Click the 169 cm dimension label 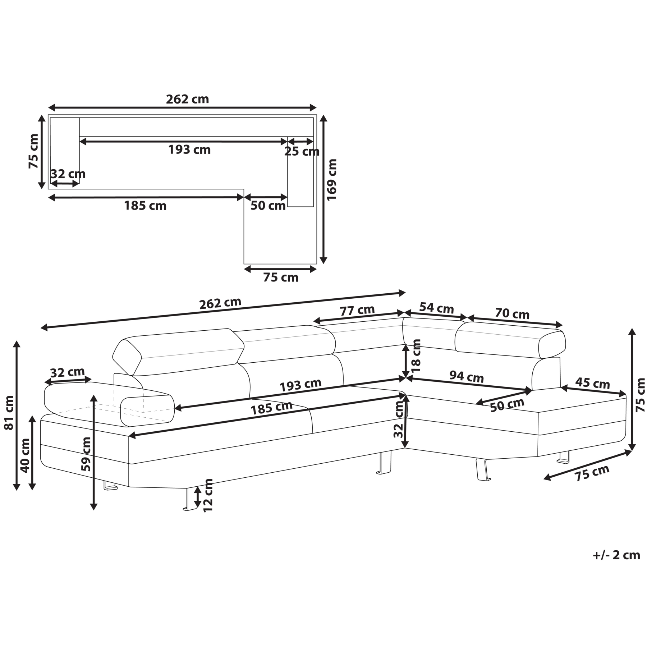coord(332,179)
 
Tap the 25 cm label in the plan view coord(302,152)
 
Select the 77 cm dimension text coord(357,310)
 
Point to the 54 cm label coord(437,308)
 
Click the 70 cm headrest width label coord(512,313)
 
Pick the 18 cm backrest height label coord(416,355)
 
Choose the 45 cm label coord(592,383)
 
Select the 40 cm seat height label coord(25,455)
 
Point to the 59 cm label coord(86,454)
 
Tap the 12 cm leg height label coord(208,495)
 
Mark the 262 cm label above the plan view coord(187,99)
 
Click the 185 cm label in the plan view coord(145,206)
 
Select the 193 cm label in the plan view coord(189,150)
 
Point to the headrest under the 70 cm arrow coord(510,340)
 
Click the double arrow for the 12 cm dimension coord(197,497)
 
